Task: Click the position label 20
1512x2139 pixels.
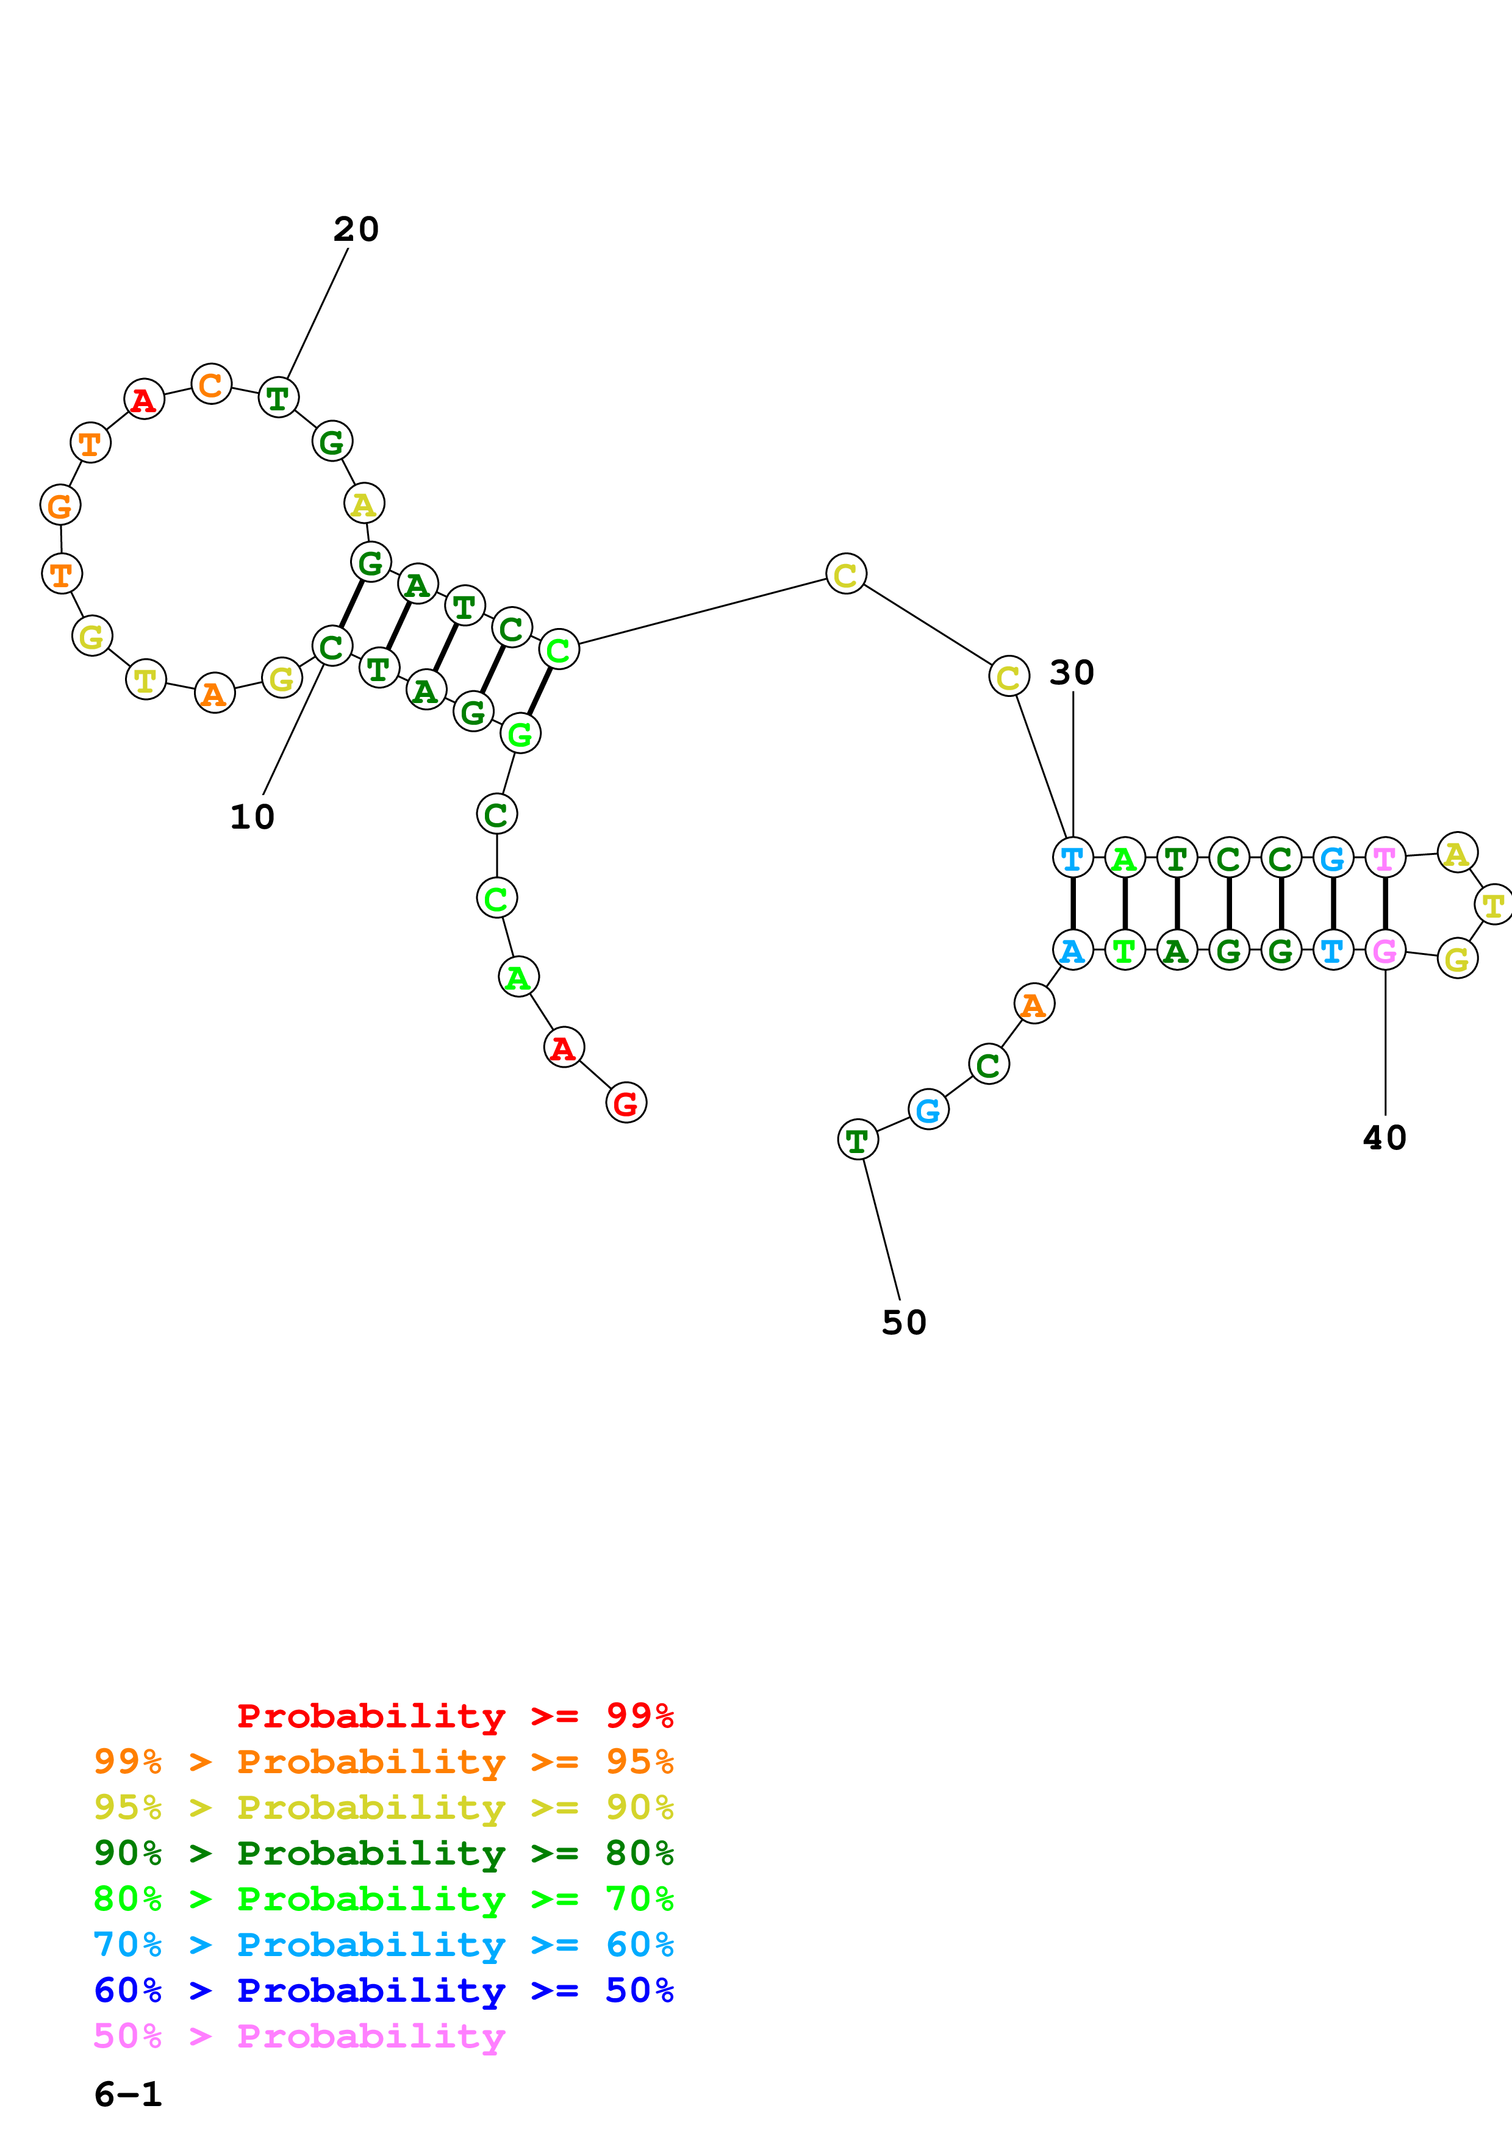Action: click(356, 229)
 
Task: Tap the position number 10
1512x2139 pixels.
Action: click(251, 817)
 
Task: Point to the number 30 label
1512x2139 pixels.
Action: click(1072, 673)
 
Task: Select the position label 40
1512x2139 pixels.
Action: click(1385, 1138)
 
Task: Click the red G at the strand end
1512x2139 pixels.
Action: click(625, 1104)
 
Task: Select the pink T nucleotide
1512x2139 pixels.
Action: click(1385, 857)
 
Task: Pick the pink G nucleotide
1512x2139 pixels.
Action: click(1385, 951)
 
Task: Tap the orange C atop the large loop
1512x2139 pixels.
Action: click(212, 384)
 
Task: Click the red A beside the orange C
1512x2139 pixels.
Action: click(143, 399)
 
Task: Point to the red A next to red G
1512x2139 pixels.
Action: click(563, 1048)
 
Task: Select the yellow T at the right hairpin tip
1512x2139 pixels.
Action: click(1493, 905)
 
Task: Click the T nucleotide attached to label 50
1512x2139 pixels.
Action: click(857, 1140)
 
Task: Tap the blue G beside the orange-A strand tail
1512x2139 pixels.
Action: click(928, 1110)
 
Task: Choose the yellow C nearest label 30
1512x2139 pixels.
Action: click(1008, 677)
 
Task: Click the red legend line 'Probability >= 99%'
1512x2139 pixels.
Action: click(454, 1716)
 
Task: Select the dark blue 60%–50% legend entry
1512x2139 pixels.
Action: click(383, 1991)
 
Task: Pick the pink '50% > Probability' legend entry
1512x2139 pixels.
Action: click(299, 2037)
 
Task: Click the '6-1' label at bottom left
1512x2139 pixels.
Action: click(127, 2094)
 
